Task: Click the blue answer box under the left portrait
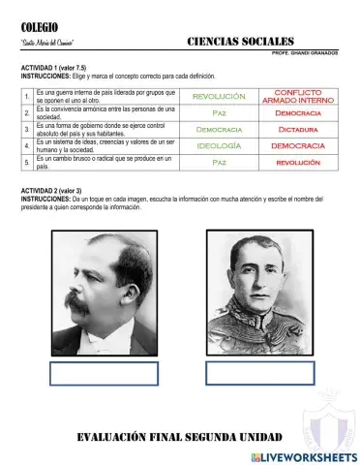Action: tap(104, 374)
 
